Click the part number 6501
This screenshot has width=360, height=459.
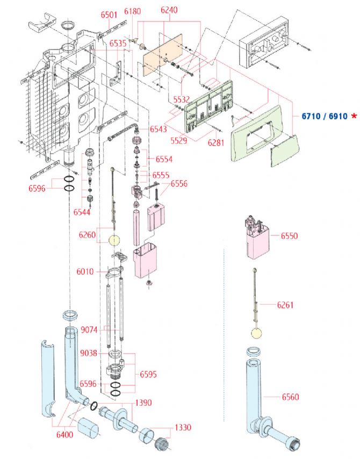[109, 15]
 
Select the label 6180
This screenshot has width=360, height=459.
[132, 11]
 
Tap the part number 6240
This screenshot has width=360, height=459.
[169, 10]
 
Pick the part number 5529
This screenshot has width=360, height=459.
[179, 140]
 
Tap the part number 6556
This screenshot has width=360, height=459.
[179, 184]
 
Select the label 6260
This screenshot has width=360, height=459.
[87, 234]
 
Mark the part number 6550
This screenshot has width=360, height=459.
[289, 236]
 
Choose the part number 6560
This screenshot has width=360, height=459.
[290, 397]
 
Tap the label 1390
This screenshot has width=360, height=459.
[143, 403]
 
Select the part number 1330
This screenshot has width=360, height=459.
[183, 428]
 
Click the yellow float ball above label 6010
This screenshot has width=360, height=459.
[113, 240]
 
